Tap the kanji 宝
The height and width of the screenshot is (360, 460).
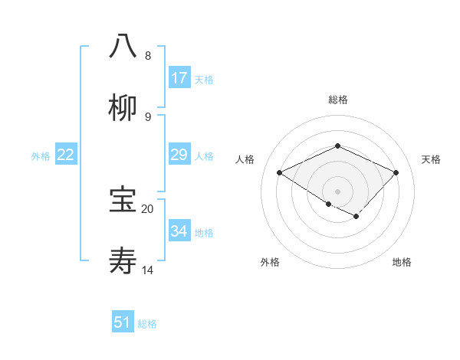[123, 200]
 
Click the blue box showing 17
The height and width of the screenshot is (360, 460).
[179, 77]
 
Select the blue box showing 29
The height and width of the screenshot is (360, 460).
[179, 155]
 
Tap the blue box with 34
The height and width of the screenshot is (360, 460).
[179, 231]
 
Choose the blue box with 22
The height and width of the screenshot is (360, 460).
[66, 155]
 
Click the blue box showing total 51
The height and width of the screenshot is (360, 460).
[123, 322]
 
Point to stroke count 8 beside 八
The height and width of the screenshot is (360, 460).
[148, 56]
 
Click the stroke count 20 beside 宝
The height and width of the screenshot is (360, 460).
[148, 208]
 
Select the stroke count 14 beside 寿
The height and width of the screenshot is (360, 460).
[148, 270]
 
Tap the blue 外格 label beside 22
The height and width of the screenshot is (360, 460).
[41, 155]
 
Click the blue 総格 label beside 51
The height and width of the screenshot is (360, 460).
[147, 323]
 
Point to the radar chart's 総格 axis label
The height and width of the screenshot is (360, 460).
[337, 100]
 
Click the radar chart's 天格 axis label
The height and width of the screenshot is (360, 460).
[431, 159]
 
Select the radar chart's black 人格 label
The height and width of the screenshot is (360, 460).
[245, 159]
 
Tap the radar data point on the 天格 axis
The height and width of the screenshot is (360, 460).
[396, 173]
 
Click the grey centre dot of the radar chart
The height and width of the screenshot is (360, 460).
[337, 191]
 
